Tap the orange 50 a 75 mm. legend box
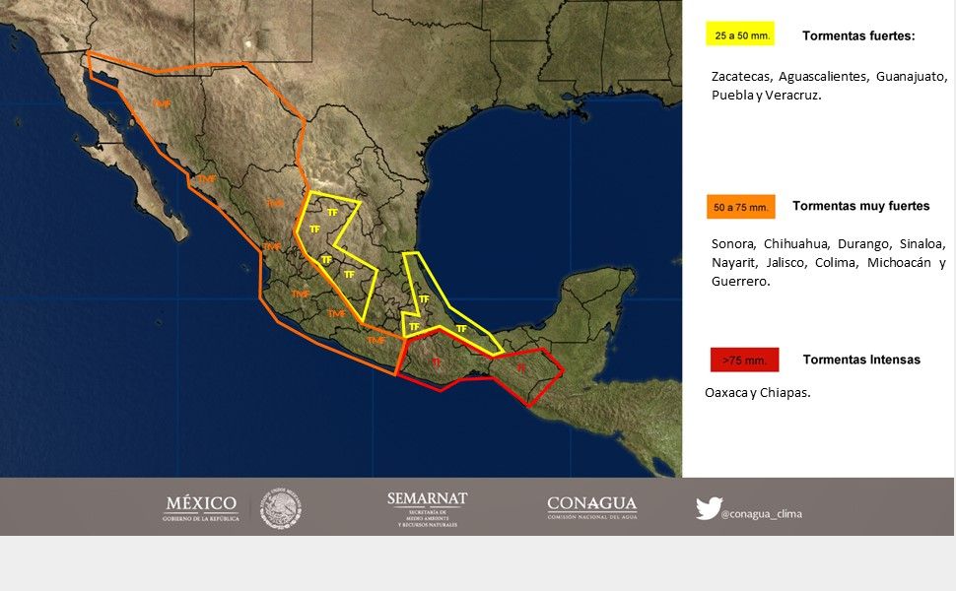[x=740, y=207]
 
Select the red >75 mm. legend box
[x=744, y=360]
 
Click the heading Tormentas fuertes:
[x=858, y=35]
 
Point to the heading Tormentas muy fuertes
[x=860, y=206]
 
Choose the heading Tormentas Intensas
[x=861, y=360]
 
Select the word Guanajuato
[x=911, y=76]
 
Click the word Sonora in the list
[x=733, y=243]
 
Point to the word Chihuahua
[x=797, y=243]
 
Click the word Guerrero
[x=738, y=281]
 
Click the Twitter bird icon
[x=708, y=508]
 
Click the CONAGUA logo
[x=591, y=507]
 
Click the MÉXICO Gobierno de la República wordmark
[x=201, y=508]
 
